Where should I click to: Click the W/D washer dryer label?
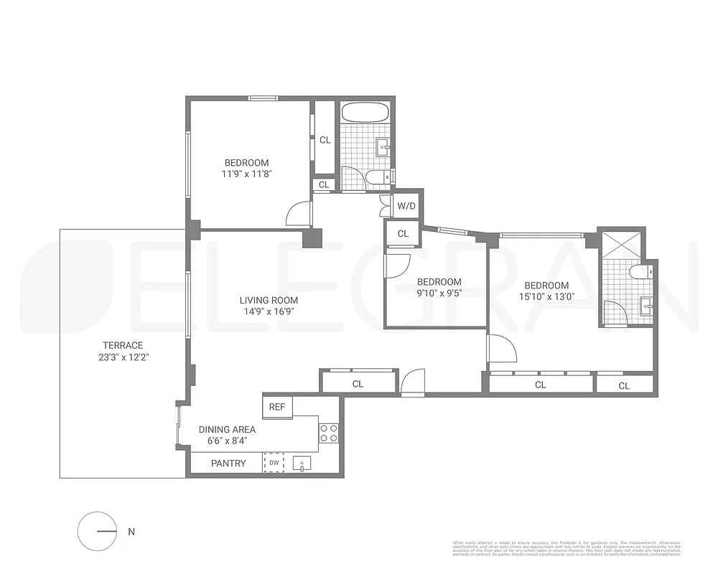tap(406, 206)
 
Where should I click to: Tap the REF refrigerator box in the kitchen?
tap(276, 407)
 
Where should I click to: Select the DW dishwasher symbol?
tap(274, 464)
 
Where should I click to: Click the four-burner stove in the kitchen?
tap(329, 433)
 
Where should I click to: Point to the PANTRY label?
tap(228, 464)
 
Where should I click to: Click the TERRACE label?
tap(122, 345)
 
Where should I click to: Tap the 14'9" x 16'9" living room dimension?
tap(269, 311)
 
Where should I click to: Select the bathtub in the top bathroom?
tap(365, 113)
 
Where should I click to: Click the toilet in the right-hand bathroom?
tap(641, 272)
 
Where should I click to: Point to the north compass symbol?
tap(96, 532)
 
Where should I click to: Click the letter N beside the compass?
tap(131, 532)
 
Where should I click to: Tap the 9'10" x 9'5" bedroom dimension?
tap(439, 293)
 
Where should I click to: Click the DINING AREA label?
tap(227, 430)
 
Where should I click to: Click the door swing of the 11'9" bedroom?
tap(299, 214)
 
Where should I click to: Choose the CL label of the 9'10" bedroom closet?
tap(403, 234)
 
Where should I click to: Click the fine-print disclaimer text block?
tap(567, 547)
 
